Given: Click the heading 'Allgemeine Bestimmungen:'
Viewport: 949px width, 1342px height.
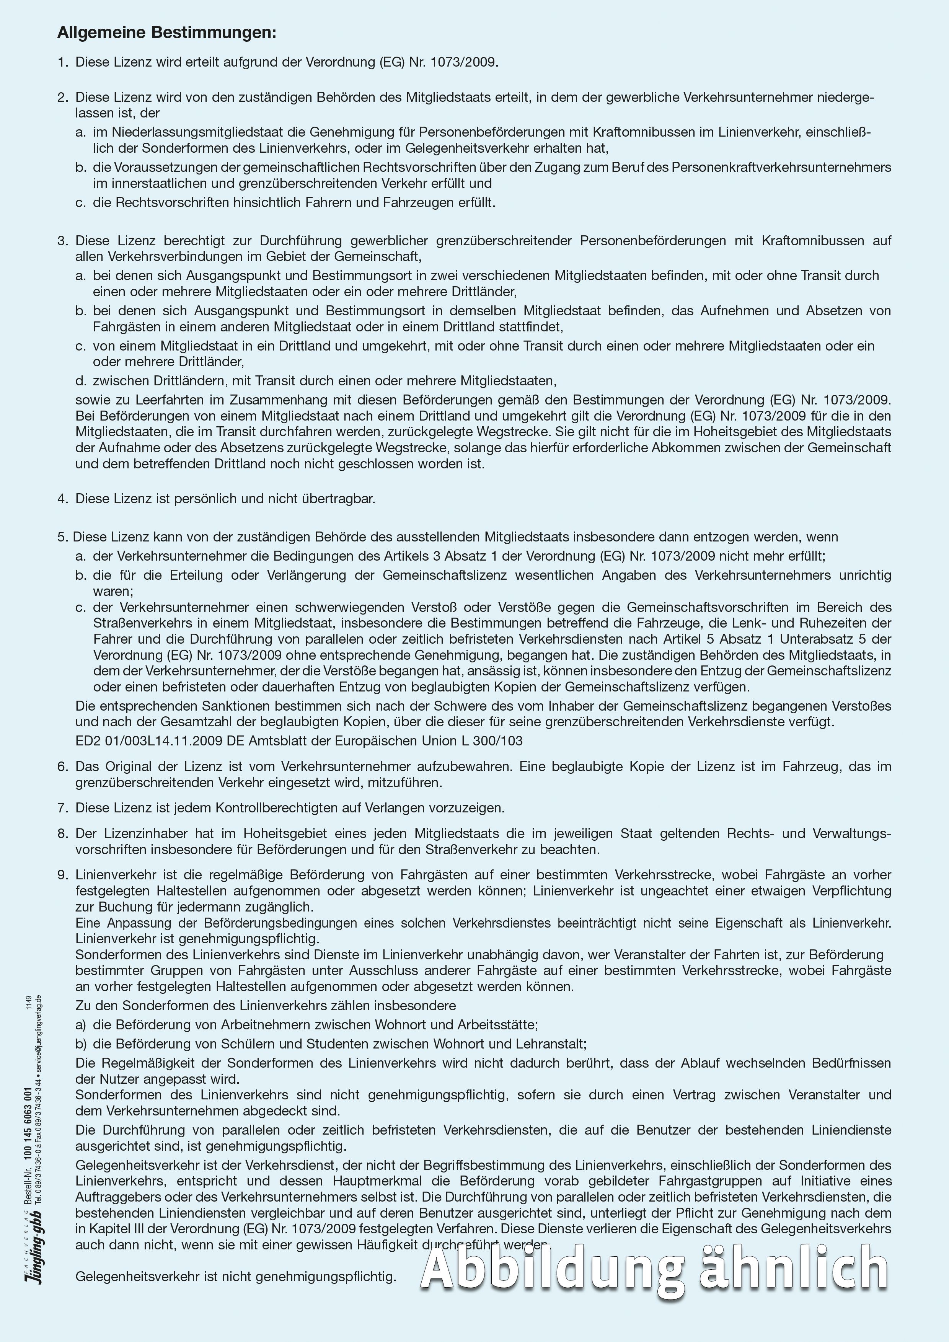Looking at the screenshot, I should [x=166, y=33].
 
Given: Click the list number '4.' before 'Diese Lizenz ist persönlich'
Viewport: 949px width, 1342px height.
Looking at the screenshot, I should [x=62, y=499].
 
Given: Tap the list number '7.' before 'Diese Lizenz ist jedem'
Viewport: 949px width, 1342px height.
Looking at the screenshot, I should [x=62, y=808].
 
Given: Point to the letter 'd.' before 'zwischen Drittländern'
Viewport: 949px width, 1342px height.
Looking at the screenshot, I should [x=81, y=381].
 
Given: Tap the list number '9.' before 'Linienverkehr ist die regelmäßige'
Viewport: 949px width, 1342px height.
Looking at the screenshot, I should [x=62, y=875].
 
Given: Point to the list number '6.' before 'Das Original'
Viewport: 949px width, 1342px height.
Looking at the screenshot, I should [x=62, y=766].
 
